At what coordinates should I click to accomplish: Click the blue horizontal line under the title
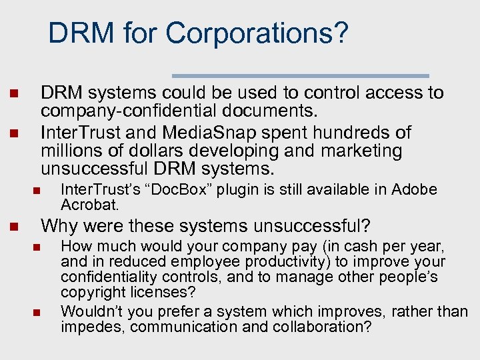(x=300, y=75)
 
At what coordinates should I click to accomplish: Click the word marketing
(x=359, y=151)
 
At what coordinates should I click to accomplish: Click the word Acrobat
(x=89, y=204)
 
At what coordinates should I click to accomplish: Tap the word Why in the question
(x=59, y=226)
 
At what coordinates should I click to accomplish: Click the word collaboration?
(x=319, y=327)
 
